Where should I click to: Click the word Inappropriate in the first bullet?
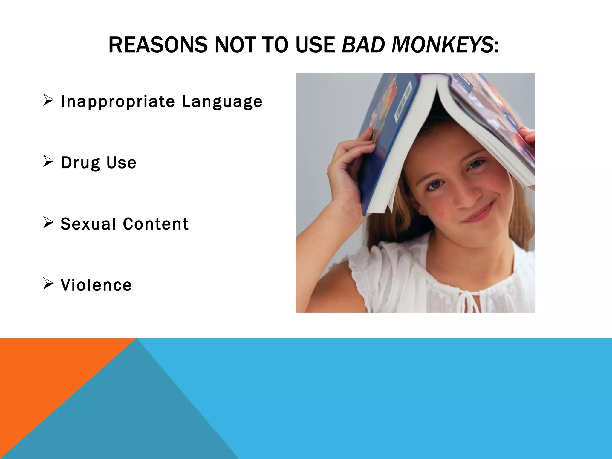pos(118,102)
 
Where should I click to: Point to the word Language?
pos(222,102)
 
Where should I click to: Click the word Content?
pos(156,224)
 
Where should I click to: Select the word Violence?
pos(96,285)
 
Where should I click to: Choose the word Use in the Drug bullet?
pos(121,163)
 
